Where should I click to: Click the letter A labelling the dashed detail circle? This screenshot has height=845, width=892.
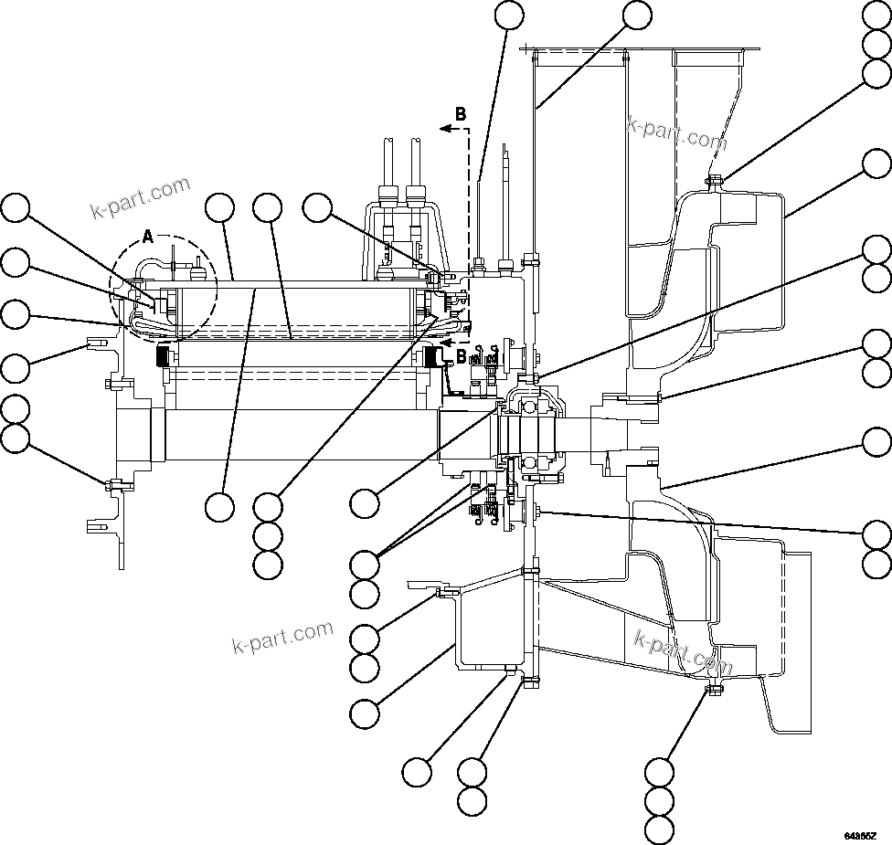[149, 238]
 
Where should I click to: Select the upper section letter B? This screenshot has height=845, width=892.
[461, 114]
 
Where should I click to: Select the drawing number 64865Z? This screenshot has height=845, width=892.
[860, 835]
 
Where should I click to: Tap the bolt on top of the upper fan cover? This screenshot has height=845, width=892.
[714, 180]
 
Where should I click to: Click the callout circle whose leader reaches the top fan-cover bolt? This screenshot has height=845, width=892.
[876, 74]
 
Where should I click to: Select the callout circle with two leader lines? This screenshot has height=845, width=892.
[366, 562]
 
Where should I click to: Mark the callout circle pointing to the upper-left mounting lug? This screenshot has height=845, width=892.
[15, 368]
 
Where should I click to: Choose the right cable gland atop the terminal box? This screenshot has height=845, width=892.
[416, 195]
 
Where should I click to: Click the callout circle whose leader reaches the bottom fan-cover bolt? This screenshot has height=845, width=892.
[659, 771]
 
